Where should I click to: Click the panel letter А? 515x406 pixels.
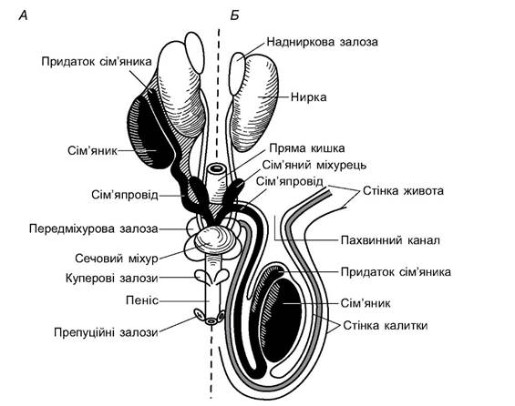click(x=24, y=15)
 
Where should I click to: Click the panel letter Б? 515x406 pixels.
click(x=234, y=15)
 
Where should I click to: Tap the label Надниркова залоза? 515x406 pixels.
click(x=322, y=42)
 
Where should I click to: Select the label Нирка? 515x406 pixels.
click(x=309, y=97)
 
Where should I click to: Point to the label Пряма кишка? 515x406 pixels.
click(x=307, y=148)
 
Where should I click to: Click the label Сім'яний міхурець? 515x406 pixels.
click(x=314, y=165)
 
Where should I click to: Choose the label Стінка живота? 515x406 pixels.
click(x=403, y=191)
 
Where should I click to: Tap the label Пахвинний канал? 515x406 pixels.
click(x=390, y=240)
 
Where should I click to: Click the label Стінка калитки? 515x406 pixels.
click(x=386, y=326)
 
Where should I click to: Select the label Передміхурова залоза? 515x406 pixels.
click(x=94, y=228)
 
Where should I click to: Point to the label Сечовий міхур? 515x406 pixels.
click(x=117, y=259)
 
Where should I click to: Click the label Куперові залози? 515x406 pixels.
click(x=112, y=279)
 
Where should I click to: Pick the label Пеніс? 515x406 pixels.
click(x=142, y=300)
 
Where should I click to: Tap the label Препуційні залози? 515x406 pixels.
click(x=106, y=332)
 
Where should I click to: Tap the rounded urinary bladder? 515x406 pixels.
click(x=215, y=240)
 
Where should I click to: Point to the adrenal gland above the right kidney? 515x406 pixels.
click(x=237, y=74)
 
